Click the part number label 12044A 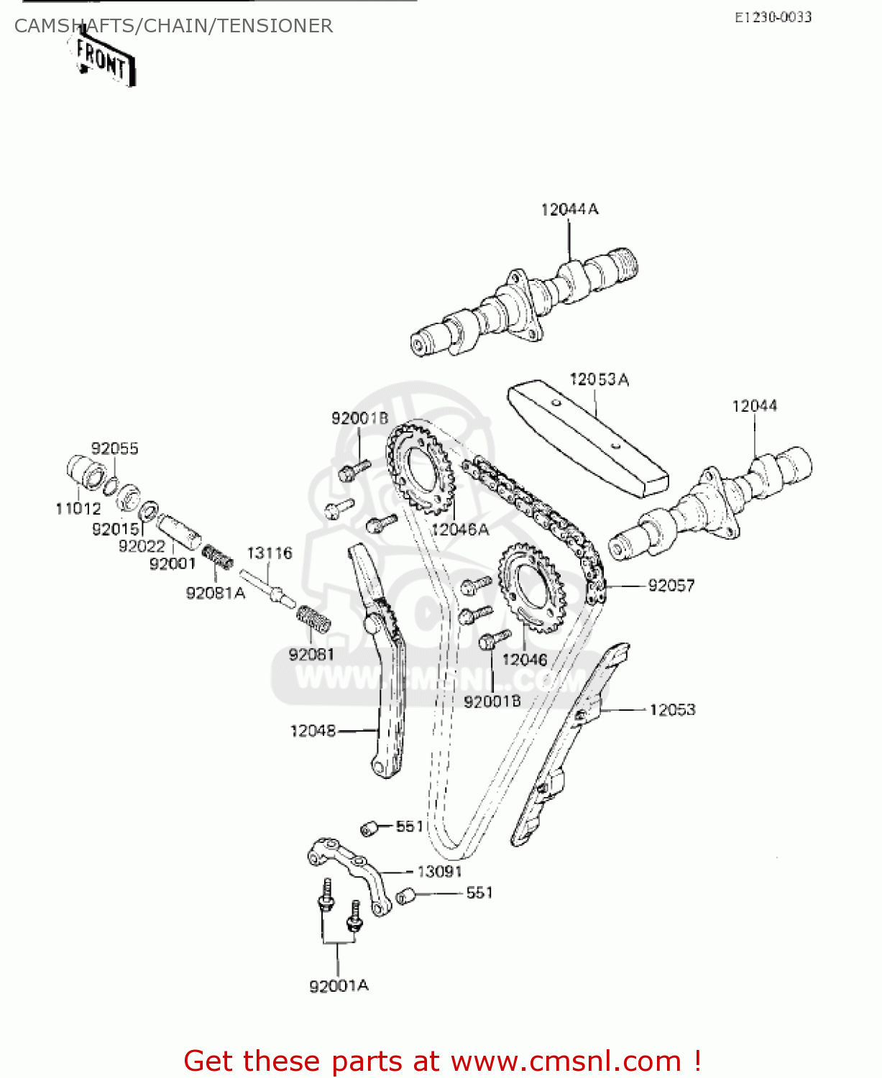tap(569, 209)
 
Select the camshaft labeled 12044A tap(525, 302)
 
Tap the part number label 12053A tap(599, 379)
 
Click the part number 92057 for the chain tap(671, 586)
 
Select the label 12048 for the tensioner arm tap(313, 731)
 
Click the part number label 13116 tap(270, 553)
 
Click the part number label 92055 tap(114, 448)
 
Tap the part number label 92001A tap(339, 986)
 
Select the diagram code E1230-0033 tap(773, 17)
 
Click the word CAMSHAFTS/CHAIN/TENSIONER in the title tap(173, 26)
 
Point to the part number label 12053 tap(672, 710)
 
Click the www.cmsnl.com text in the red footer tap(566, 1061)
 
